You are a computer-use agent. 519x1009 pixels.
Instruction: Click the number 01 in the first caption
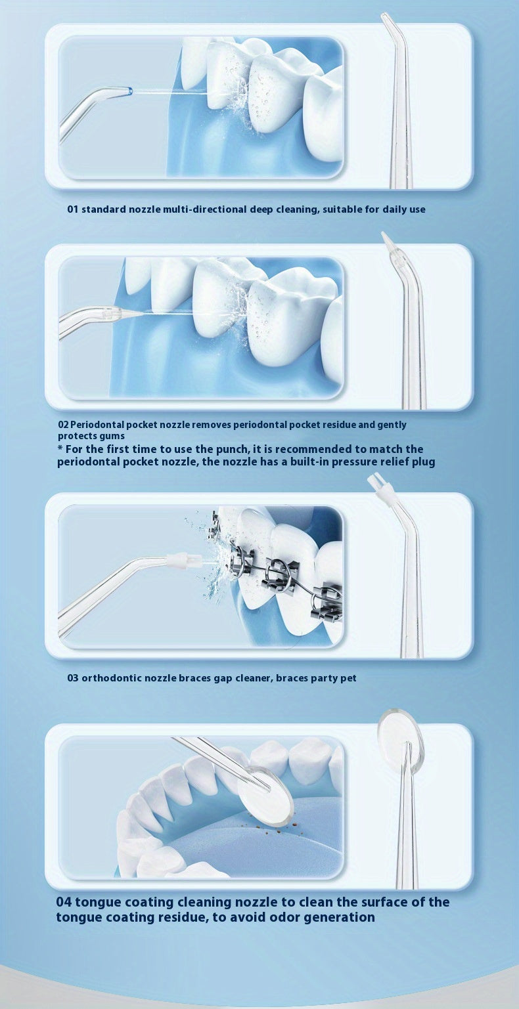[73, 209]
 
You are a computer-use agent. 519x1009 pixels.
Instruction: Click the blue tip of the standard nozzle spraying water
[129, 91]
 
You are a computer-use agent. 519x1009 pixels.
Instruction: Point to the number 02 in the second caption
[63, 425]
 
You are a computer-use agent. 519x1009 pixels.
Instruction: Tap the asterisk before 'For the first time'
[60, 448]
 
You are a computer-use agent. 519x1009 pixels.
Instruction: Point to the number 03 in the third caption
[73, 678]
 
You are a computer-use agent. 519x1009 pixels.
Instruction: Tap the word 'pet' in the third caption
[348, 678]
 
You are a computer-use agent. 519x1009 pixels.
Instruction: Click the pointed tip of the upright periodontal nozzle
[384, 234]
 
